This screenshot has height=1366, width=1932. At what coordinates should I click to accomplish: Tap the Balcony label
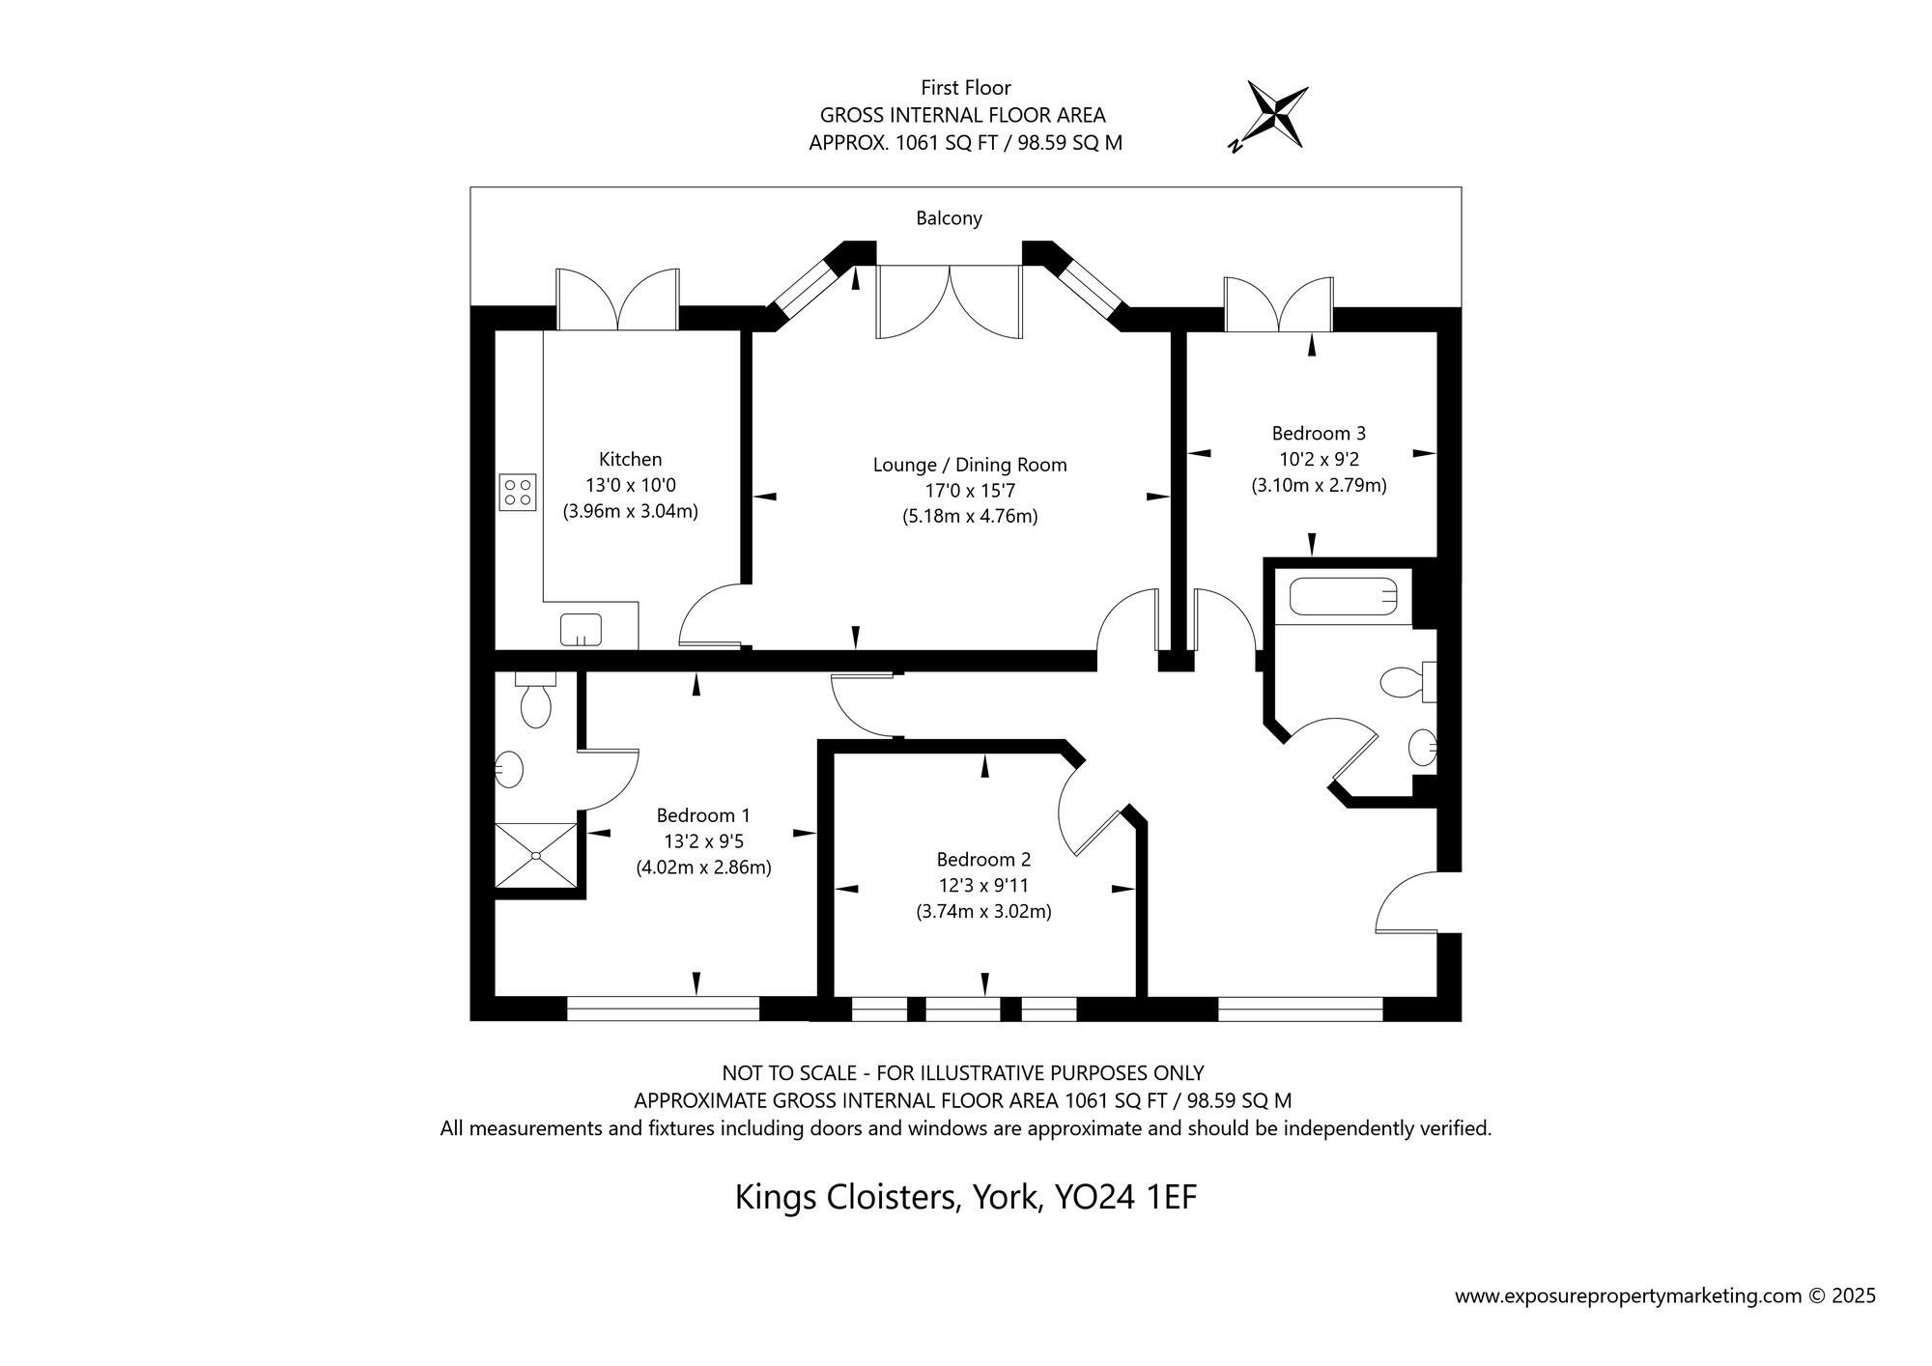click(x=949, y=218)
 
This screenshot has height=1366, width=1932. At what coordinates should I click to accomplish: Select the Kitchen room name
click(x=631, y=460)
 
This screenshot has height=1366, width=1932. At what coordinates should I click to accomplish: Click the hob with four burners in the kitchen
click(x=519, y=492)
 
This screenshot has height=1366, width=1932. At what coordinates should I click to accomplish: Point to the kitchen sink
click(x=581, y=630)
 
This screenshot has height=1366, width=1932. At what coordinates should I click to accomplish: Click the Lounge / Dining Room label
click(x=970, y=465)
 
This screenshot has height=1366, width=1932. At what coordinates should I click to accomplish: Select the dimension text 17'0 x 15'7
click(x=970, y=491)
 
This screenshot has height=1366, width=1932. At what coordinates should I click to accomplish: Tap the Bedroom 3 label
click(x=1319, y=434)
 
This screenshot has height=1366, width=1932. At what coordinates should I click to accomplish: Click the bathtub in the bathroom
click(x=1343, y=596)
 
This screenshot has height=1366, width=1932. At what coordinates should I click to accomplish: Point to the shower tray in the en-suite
click(x=536, y=855)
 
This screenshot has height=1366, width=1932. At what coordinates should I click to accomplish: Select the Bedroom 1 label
click(x=703, y=816)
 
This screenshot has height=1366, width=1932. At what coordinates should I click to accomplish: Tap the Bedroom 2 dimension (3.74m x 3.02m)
click(x=983, y=911)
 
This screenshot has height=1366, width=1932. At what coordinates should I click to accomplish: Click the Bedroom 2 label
click(x=983, y=860)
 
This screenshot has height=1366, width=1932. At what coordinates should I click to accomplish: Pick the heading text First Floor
click(x=966, y=88)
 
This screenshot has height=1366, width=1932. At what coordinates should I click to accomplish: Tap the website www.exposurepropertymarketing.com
click(x=1629, y=1296)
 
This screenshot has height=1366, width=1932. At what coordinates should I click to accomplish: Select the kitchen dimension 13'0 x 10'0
click(x=631, y=486)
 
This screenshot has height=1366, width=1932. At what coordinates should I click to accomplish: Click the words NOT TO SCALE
click(x=789, y=1073)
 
